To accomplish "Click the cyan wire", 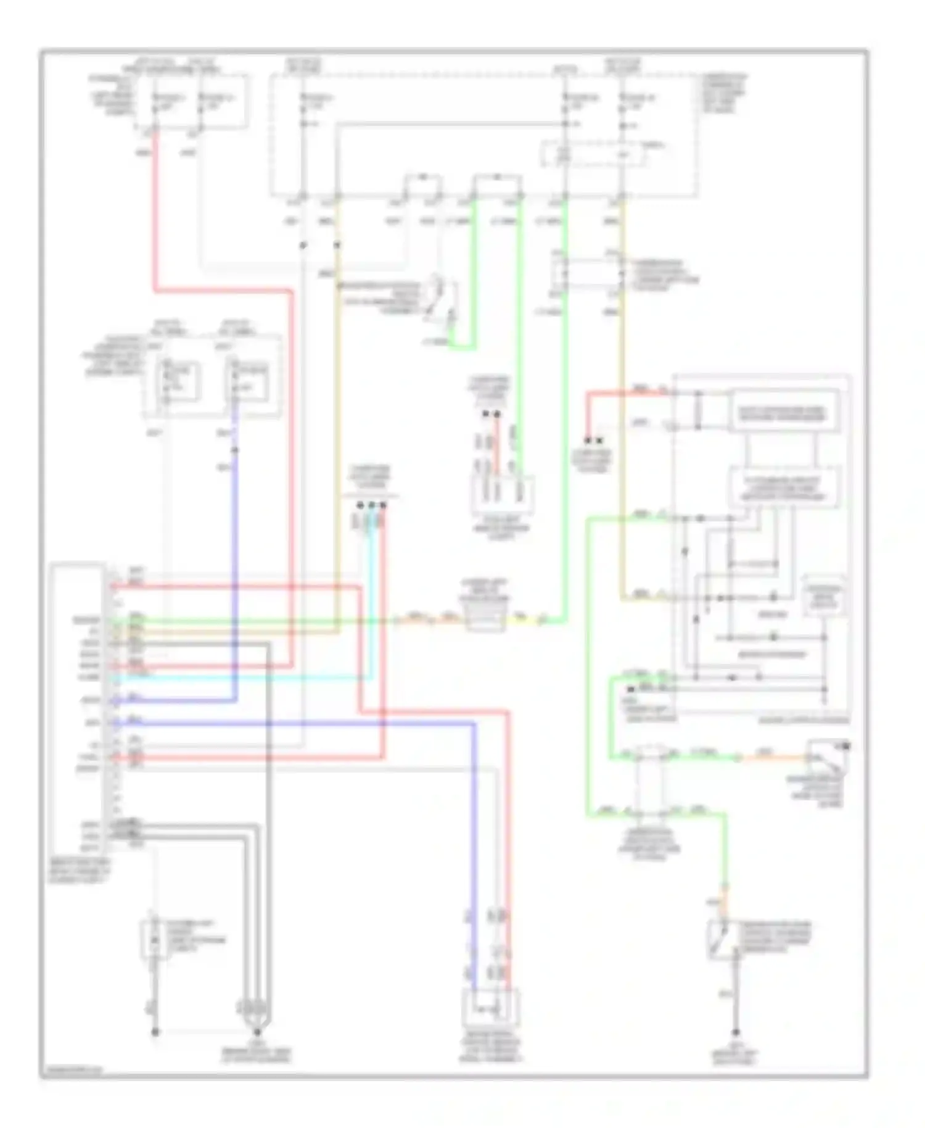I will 247,678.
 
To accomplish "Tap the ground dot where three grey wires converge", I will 257,1031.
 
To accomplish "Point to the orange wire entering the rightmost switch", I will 771,758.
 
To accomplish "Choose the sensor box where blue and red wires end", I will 491,1010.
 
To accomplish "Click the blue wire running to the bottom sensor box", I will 474,864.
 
